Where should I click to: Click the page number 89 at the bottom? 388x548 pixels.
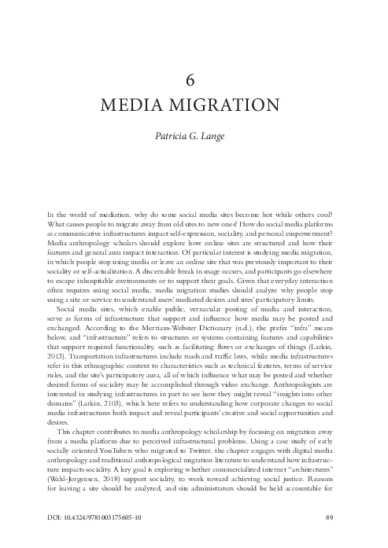click(x=331, y=517)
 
